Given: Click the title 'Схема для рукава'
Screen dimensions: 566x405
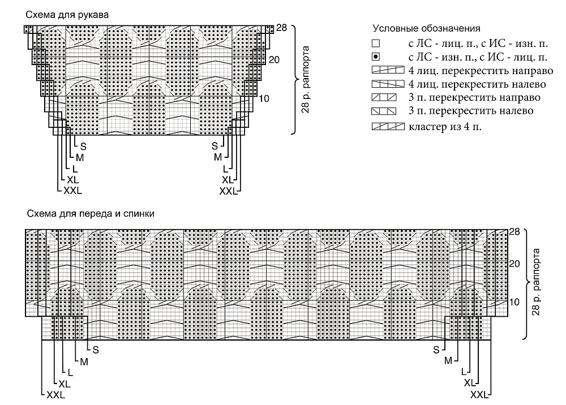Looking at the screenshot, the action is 67,15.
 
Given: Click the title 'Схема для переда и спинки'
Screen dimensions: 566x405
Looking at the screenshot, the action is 91,213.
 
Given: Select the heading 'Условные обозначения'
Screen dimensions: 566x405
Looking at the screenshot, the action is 426,28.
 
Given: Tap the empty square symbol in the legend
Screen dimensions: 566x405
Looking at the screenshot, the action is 376,44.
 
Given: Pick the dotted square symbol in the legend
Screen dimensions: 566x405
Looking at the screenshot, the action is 376,57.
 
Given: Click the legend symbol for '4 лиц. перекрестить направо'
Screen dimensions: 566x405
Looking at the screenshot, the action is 388,70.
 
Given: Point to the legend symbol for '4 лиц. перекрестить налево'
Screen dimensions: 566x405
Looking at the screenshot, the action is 388,84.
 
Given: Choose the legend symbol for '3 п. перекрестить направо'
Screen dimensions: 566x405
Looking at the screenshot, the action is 384,97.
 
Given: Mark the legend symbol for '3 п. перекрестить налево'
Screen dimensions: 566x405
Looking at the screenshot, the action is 384,111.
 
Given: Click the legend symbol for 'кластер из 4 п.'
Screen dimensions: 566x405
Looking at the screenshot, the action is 388,127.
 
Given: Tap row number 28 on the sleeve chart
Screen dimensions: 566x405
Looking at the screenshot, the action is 281,28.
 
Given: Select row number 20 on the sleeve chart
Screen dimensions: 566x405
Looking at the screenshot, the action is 274,59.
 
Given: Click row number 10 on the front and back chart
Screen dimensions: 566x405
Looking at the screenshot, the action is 514,302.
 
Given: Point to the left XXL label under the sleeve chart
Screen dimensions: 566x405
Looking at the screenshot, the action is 72,191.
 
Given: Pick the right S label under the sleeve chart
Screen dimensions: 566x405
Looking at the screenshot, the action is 215,146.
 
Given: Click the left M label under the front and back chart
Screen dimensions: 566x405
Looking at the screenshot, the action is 84,361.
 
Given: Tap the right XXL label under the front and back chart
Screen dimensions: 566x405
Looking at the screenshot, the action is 479,395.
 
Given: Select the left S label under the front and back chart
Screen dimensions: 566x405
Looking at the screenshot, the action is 96,350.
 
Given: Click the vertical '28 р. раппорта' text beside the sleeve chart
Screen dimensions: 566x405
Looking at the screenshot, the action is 306,79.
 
